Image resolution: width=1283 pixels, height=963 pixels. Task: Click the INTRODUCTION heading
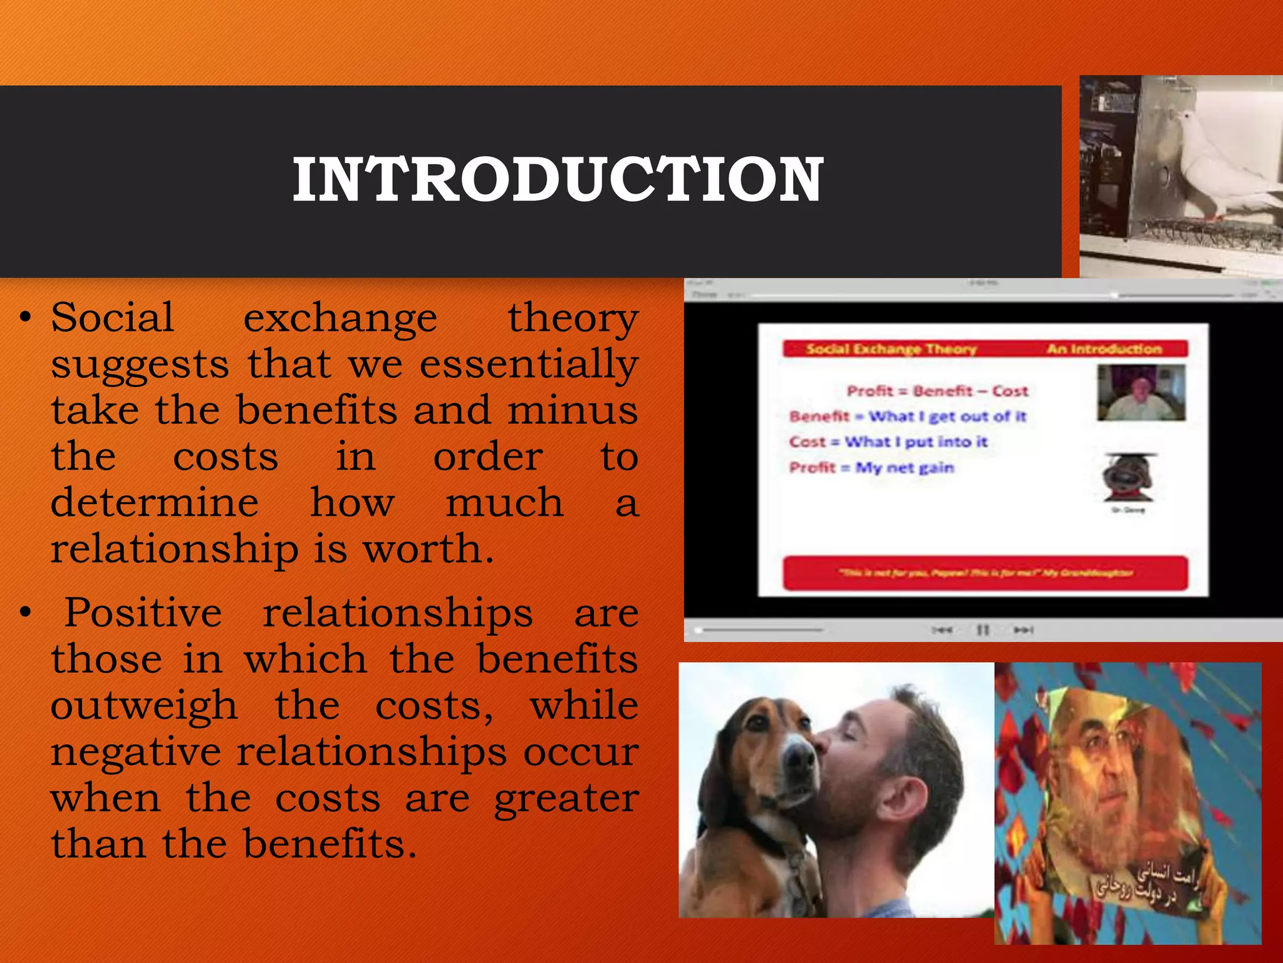click(558, 180)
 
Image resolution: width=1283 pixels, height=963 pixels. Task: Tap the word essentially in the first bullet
click(529, 365)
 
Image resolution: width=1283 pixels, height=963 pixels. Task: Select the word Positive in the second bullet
click(143, 613)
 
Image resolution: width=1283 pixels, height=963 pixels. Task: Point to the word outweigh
click(144, 705)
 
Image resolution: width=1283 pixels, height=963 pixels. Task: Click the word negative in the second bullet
click(135, 752)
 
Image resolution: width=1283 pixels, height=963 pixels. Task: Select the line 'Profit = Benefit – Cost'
click(937, 391)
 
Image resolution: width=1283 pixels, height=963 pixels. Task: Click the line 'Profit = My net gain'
click(871, 468)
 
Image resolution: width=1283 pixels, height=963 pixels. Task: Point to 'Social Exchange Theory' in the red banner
click(891, 349)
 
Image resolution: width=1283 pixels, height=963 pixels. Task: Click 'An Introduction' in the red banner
click(1104, 349)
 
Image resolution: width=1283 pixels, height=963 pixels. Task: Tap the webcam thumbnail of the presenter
click(1141, 393)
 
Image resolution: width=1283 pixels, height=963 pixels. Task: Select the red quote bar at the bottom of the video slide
click(985, 573)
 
